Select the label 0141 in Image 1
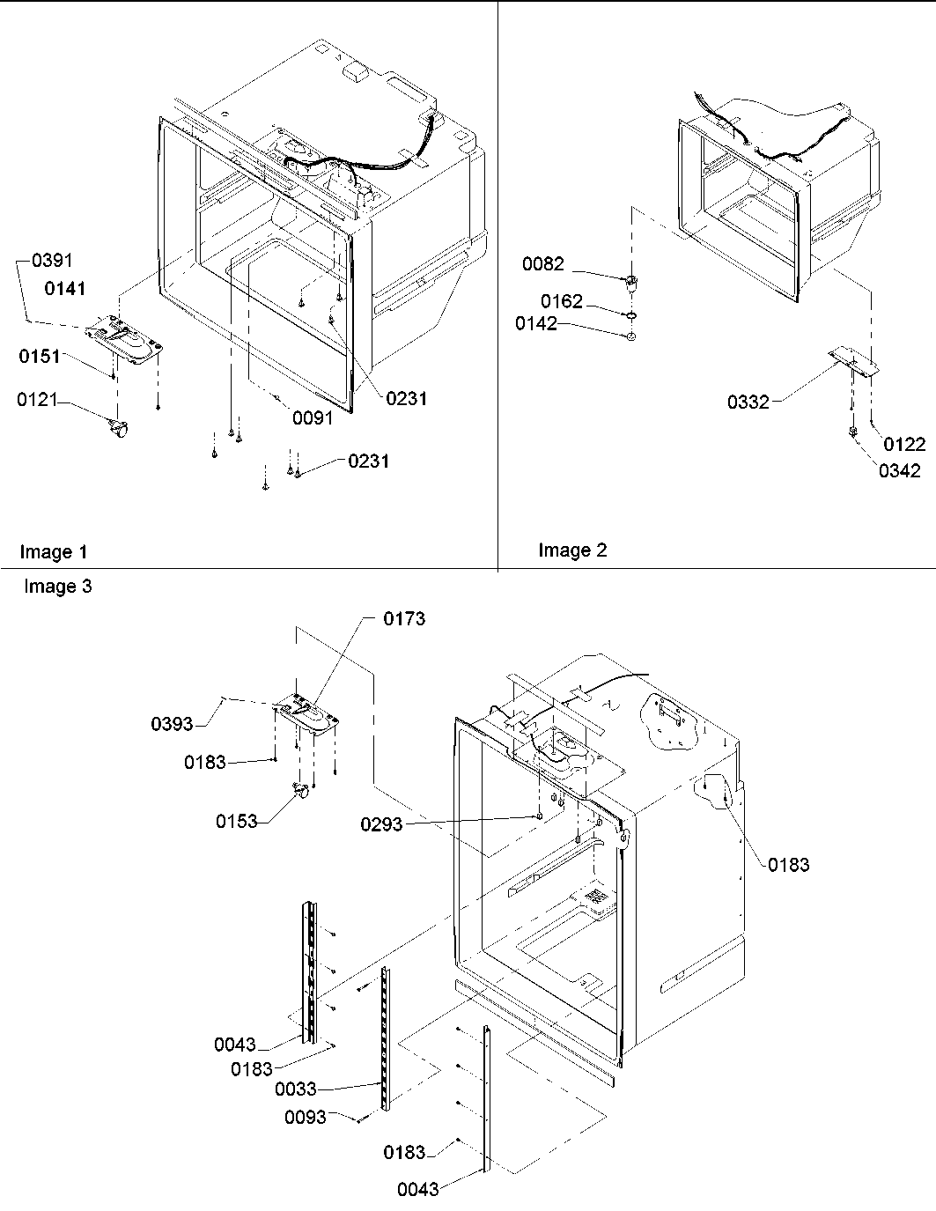click(x=65, y=289)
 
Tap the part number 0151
click(x=40, y=357)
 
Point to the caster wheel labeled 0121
click(x=117, y=429)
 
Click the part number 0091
click(x=313, y=418)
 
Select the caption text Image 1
click(x=54, y=552)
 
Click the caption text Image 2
click(x=572, y=550)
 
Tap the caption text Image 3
click(x=58, y=587)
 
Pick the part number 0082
click(x=543, y=264)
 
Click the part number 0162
click(x=562, y=302)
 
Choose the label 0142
click(x=536, y=324)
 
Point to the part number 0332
click(x=748, y=402)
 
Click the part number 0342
click(x=899, y=470)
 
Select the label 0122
click(x=904, y=445)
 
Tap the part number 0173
click(x=404, y=619)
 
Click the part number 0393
click(x=172, y=724)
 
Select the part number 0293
click(x=381, y=824)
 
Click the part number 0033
click(x=295, y=1089)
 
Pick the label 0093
click(x=306, y=1118)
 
